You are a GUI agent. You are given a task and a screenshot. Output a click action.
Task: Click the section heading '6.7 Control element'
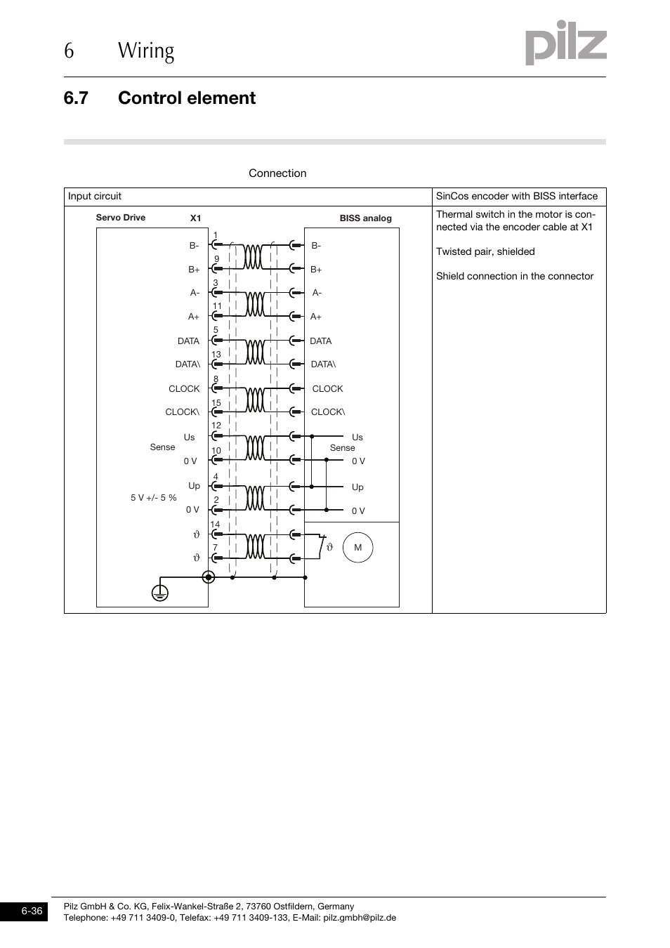(159, 98)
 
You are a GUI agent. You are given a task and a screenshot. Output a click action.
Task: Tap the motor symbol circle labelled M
(357, 548)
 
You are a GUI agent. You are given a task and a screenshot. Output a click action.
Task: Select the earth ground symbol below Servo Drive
(160, 593)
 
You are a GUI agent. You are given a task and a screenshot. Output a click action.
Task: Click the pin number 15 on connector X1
(216, 403)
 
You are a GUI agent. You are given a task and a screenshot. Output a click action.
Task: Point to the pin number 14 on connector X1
(215, 525)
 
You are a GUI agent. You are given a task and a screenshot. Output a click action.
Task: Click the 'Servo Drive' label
(121, 218)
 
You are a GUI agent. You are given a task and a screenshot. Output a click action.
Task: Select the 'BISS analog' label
(365, 218)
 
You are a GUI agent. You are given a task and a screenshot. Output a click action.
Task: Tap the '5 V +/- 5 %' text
(153, 498)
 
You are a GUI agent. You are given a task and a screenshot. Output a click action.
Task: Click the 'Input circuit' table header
(95, 197)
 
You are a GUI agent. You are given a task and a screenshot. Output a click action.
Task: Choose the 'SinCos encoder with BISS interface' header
(516, 197)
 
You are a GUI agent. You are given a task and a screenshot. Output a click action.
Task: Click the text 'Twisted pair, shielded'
(485, 251)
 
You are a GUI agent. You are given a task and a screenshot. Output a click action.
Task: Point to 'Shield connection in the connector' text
(514, 276)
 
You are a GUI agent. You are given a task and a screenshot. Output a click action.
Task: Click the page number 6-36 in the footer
(32, 911)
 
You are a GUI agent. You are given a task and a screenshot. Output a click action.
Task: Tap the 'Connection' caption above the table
(277, 173)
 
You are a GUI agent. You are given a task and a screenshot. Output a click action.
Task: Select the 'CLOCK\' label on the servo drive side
(182, 412)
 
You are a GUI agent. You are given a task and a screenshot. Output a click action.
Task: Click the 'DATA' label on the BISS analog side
(320, 341)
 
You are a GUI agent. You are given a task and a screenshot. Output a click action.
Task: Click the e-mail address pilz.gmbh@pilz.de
(359, 918)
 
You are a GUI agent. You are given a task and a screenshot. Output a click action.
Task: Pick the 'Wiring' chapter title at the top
(146, 51)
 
